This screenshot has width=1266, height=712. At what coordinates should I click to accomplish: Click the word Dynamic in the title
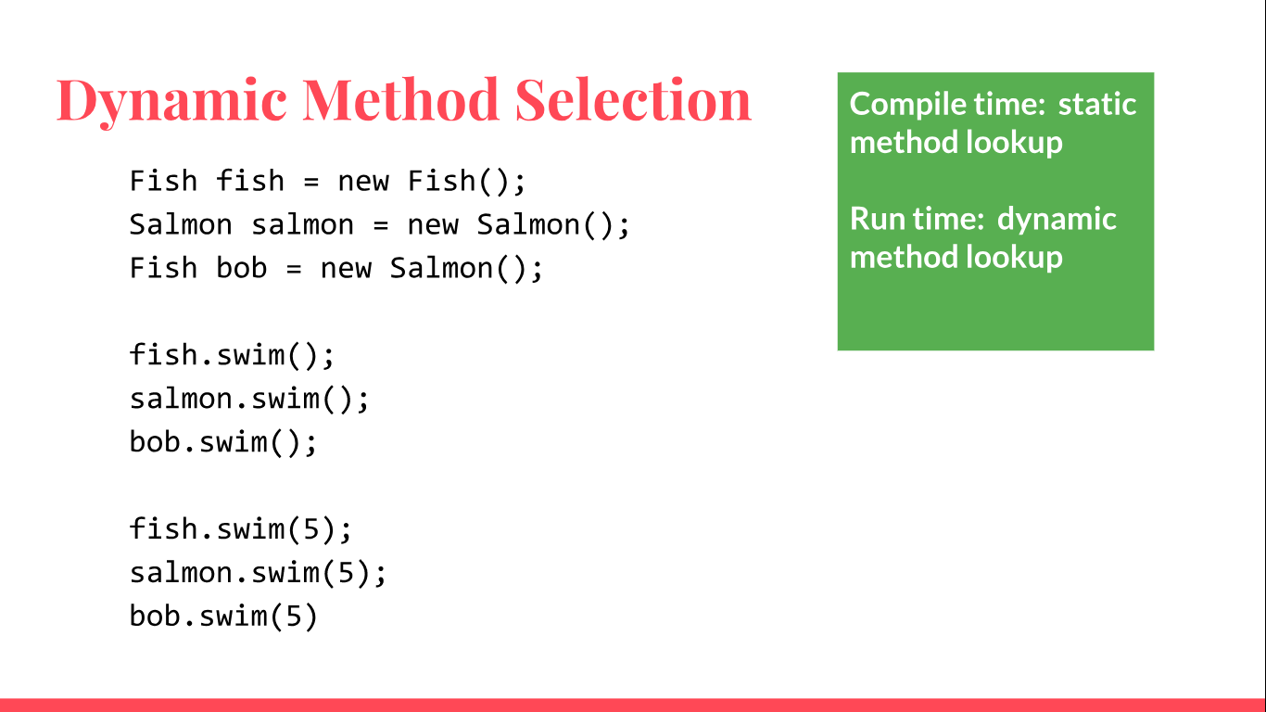[171, 100]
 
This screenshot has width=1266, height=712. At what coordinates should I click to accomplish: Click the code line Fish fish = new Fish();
[328, 181]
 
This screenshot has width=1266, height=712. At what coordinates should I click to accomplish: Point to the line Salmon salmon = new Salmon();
[380, 224]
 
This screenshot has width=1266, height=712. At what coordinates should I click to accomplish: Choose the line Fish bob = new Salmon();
[336, 268]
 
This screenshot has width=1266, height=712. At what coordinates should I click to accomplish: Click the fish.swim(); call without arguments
[232, 355]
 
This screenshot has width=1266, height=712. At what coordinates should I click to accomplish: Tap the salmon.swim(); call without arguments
[249, 399]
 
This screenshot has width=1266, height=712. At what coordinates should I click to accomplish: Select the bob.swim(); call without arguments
[223, 442]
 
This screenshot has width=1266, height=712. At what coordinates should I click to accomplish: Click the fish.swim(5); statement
[241, 529]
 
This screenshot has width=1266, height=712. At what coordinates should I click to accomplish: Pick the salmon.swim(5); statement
[259, 573]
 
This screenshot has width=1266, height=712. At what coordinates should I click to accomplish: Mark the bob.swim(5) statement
[223, 617]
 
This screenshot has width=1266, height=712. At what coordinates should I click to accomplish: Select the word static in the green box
[1097, 104]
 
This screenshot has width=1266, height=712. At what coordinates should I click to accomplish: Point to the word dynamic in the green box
[1057, 219]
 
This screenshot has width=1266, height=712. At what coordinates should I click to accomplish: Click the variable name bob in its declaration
[241, 268]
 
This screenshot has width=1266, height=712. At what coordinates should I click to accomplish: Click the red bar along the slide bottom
[633, 705]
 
